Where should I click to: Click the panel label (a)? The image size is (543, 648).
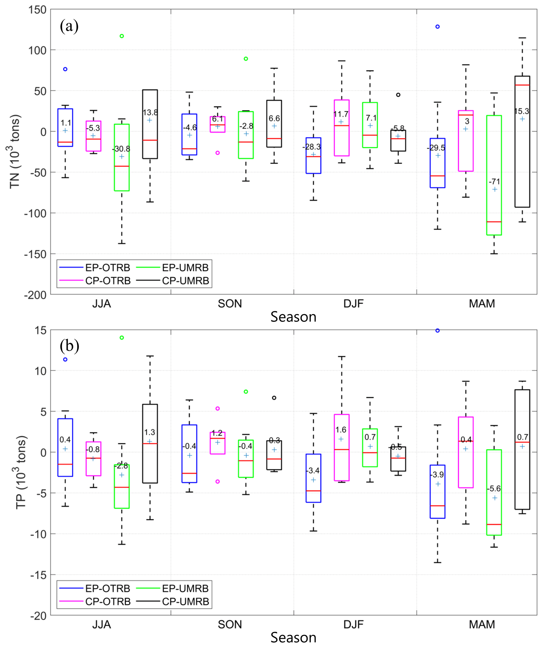coord(69,26)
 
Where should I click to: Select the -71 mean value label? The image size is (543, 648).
coord(494,181)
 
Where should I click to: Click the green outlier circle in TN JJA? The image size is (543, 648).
coord(122,36)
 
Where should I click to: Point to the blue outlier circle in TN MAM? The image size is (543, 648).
coord(437,26)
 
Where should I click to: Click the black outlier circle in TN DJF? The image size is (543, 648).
coord(398,95)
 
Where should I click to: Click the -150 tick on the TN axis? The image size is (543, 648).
coord(35,254)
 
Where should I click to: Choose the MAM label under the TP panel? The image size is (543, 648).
coord(482,624)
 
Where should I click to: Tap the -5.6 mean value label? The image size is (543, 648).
coord(494,489)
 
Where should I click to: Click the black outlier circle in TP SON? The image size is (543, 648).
coord(274,398)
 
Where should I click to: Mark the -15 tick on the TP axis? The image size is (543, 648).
coord(38,575)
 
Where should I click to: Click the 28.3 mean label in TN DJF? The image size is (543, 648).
coord(312,147)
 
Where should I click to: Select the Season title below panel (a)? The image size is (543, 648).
coord(293,317)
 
